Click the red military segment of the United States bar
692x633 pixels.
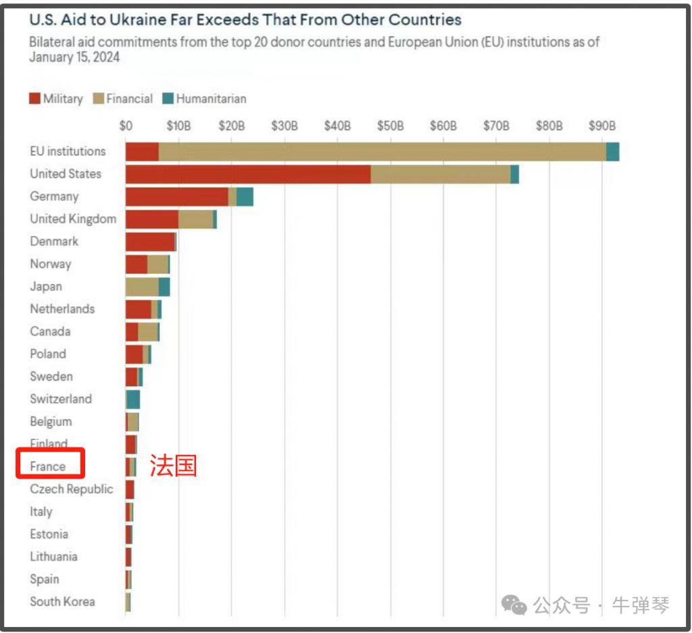247,174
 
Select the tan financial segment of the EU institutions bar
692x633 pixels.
382,152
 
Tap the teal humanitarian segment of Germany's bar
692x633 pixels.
245,197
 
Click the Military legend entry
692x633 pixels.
56,99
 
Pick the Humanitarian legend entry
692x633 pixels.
205,99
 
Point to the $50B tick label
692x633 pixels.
390,126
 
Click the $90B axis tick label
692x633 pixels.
602,126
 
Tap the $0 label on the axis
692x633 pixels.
126,126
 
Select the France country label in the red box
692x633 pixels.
48,466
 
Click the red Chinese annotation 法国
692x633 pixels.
173,466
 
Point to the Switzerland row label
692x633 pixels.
60,399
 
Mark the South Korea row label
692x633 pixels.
62,601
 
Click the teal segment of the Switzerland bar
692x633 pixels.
133,400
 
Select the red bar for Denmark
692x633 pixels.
150,242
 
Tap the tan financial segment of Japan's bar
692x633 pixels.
142,287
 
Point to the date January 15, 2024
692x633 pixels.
74,57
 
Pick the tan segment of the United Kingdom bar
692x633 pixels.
195,219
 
